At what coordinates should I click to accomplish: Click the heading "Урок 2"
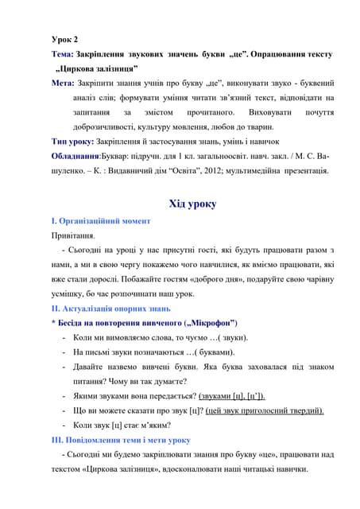(64, 39)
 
